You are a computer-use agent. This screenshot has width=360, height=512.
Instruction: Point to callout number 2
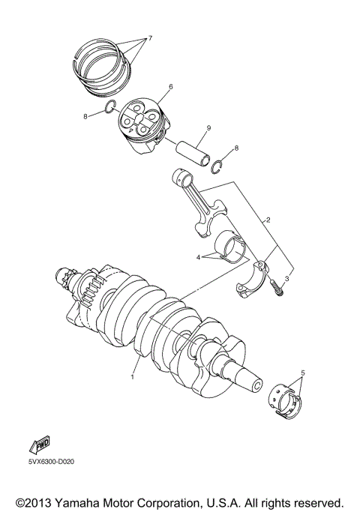point(266,220)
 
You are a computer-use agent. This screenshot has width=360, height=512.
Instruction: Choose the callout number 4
point(199,256)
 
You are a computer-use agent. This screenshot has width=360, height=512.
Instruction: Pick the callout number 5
point(303,372)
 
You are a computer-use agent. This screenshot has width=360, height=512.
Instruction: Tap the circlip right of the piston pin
point(217,166)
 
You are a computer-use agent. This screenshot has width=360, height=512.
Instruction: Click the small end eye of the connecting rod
point(182,178)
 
